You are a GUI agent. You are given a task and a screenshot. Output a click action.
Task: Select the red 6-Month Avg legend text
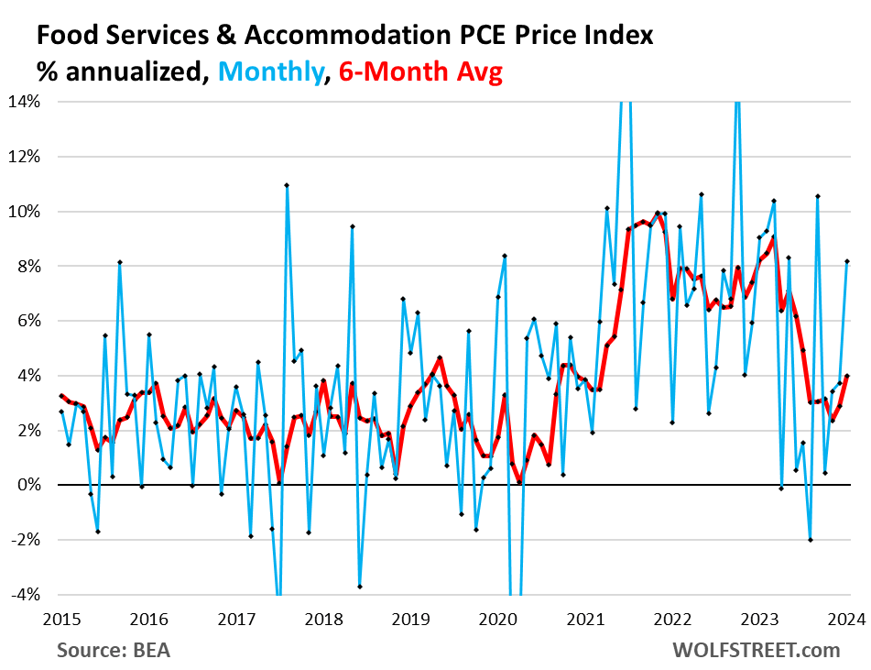point(421,71)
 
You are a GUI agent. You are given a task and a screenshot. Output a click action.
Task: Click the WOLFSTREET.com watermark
point(757,650)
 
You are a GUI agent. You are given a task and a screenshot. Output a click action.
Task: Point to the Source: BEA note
point(114,650)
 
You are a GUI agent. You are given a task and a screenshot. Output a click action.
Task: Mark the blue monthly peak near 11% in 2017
point(287,185)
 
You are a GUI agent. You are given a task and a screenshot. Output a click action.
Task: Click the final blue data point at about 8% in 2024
point(847,261)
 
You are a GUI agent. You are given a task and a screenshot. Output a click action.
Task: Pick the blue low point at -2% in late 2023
point(811,540)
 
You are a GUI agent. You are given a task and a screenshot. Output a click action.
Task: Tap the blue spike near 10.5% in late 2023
point(818,196)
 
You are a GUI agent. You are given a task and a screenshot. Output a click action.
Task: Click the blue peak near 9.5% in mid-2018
point(353,226)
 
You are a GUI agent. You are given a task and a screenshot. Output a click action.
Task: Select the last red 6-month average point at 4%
point(847,375)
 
